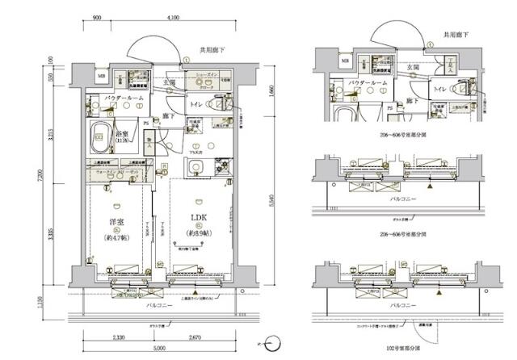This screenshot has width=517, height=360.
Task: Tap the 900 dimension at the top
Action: click(x=96, y=16)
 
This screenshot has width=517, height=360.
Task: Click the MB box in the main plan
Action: click(x=101, y=77)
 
